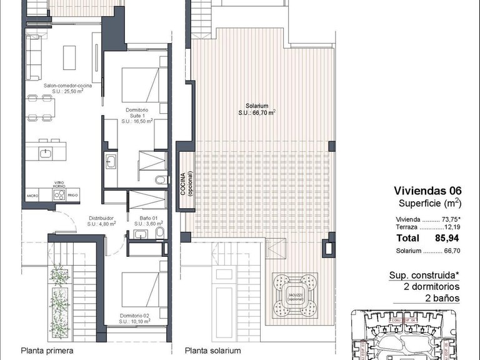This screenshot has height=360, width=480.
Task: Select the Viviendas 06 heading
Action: coord(427,191)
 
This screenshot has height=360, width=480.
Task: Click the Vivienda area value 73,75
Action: coord(449,219)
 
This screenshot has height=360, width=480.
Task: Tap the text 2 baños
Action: coord(441,298)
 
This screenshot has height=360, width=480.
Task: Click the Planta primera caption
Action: coord(47,351)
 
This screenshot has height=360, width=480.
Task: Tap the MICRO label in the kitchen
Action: coord(32,196)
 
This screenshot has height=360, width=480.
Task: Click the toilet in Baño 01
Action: coord(160,234)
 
